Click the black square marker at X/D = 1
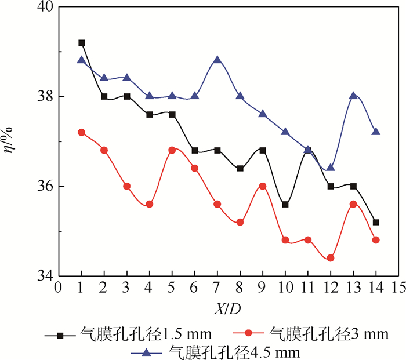82,42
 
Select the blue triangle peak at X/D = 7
217,60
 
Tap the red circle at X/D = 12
331,258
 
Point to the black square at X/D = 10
285,204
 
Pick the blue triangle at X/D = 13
353,96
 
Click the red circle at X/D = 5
172,150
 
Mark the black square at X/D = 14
376,222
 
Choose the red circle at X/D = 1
82,132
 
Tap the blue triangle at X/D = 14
376,132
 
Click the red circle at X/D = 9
263,186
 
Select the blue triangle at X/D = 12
331,168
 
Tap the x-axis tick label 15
398,288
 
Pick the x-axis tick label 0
57,288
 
